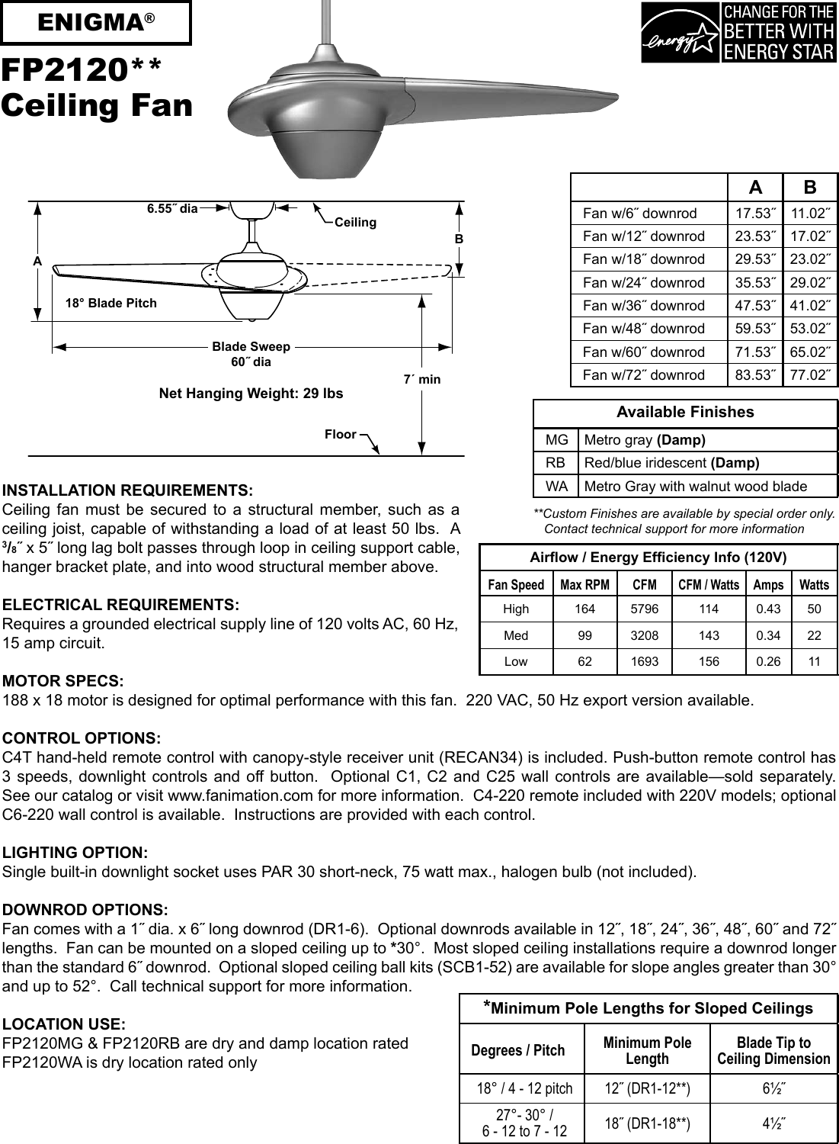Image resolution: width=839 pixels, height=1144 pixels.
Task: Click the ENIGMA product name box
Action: point(96,24)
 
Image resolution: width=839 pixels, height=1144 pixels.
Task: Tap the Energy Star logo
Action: point(738,33)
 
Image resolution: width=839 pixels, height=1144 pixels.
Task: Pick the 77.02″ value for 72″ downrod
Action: point(810,374)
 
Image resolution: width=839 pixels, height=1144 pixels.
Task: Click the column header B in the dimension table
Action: point(810,188)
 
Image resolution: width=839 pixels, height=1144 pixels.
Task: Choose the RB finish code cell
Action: point(556,463)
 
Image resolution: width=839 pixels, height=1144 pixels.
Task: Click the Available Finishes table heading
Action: point(685,413)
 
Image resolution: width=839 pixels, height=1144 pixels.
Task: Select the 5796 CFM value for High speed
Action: point(645,609)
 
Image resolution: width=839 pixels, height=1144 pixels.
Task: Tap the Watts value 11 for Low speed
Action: point(814,662)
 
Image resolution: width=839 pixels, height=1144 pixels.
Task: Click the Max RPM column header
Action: point(584,585)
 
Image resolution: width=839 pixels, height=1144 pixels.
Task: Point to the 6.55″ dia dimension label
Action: point(172,208)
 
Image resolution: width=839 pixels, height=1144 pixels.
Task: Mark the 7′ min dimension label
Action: point(422,379)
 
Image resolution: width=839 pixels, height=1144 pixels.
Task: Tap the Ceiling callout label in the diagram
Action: point(355,222)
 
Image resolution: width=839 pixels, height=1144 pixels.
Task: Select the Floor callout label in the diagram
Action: point(341,434)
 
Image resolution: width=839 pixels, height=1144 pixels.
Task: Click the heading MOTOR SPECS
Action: point(64,681)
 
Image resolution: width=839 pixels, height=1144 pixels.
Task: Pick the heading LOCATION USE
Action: point(65,1024)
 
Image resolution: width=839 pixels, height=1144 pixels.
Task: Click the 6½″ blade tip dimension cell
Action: point(773,1088)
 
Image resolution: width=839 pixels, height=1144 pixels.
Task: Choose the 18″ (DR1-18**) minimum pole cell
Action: point(647,1123)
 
